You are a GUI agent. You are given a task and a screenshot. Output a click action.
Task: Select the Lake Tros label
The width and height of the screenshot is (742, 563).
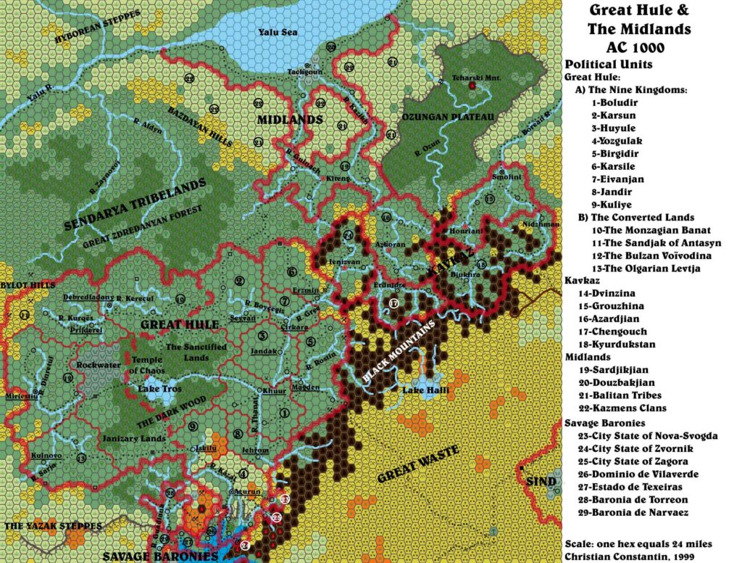(159, 389)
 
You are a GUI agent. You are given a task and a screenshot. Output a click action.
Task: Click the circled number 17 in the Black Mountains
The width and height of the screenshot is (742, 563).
(394, 304)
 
